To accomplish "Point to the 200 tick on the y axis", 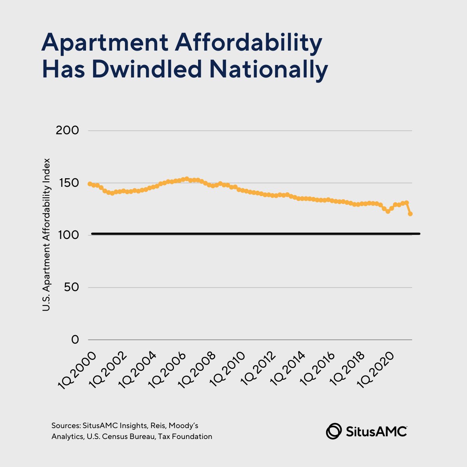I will click(67, 130).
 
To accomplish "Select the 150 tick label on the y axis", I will click(67, 183).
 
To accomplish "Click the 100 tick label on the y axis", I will click(67, 235).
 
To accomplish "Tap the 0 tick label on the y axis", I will click(75, 340).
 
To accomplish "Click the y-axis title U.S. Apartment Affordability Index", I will click(46, 234).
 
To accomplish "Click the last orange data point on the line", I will click(410, 214).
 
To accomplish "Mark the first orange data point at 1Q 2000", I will click(90, 184).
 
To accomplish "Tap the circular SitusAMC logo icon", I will click(334, 431).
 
